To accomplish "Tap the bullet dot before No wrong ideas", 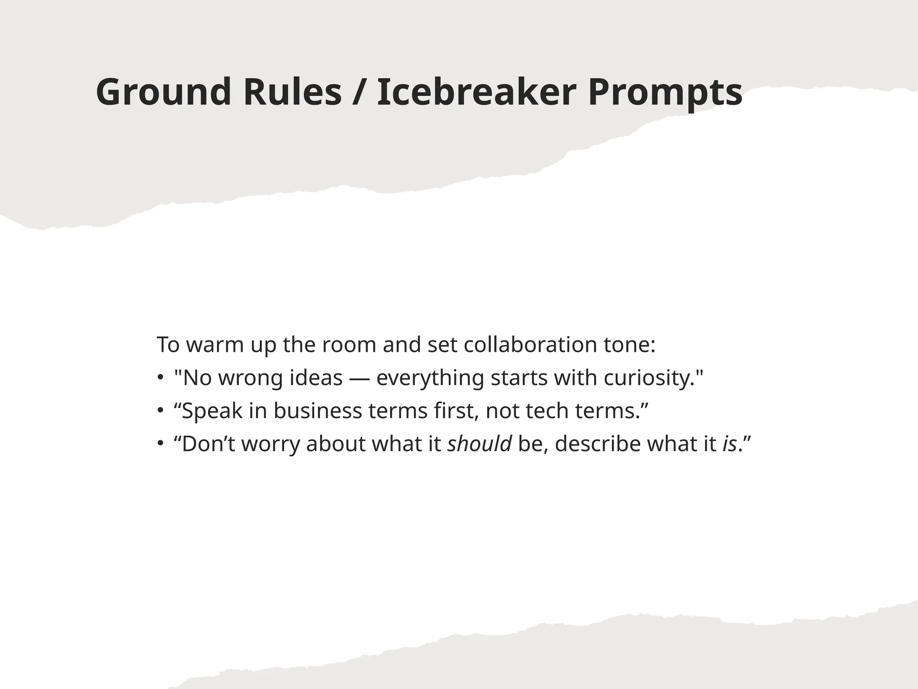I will (160, 378).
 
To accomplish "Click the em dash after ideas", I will (359, 378).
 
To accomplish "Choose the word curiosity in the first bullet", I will (649, 378).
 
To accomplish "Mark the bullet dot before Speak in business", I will (160, 411).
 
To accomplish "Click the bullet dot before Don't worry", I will (160, 444).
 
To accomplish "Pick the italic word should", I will (480, 444).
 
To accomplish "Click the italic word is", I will (730, 444).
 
